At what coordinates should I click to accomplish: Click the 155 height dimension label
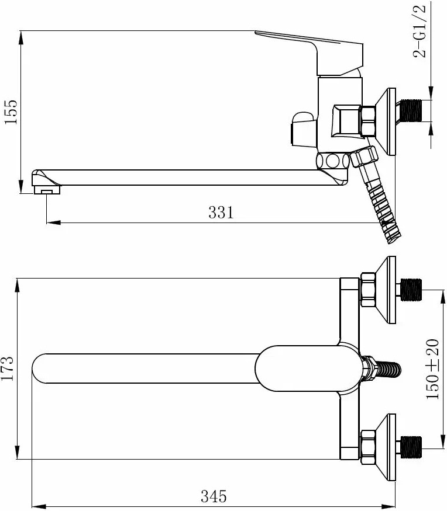pyautogui.click(x=11, y=112)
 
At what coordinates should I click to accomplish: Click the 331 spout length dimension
pyautogui.click(x=221, y=213)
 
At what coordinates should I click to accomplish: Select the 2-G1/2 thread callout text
pyautogui.click(x=420, y=32)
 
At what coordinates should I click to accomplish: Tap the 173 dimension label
pyautogui.click(x=7, y=369)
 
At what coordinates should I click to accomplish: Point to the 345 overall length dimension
pyautogui.click(x=214, y=496)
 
